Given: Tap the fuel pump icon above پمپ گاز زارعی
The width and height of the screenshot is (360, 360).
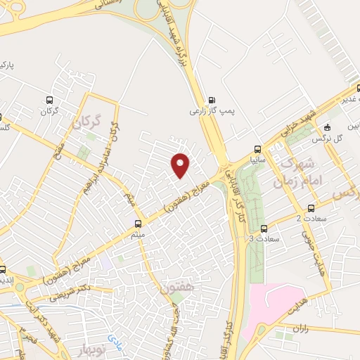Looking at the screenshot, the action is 212,98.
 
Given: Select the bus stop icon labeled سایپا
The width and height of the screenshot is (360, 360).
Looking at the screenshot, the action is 258,148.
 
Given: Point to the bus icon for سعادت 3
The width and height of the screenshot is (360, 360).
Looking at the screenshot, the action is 264,229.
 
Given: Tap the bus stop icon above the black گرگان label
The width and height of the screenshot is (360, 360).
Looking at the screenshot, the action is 49,100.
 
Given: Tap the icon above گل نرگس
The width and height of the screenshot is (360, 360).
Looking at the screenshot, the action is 328,127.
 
